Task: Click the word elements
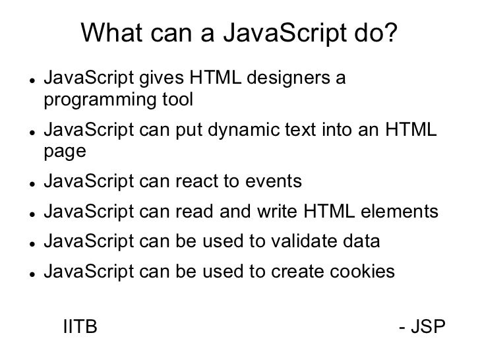pyautogui.click(x=398, y=212)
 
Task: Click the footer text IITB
pyautogui.click(x=79, y=327)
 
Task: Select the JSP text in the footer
pyautogui.click(x=432, y=327)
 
